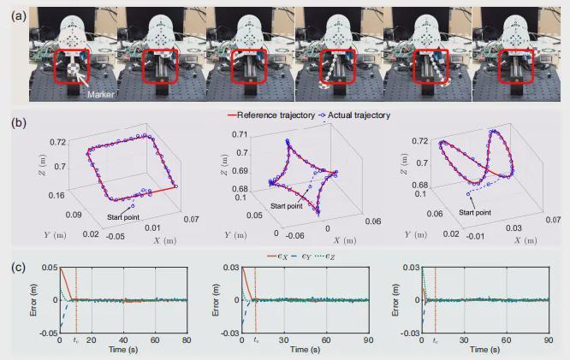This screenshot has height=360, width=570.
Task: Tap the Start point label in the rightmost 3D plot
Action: tap(477, 211)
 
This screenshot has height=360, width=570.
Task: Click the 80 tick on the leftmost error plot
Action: tap(185, 340)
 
